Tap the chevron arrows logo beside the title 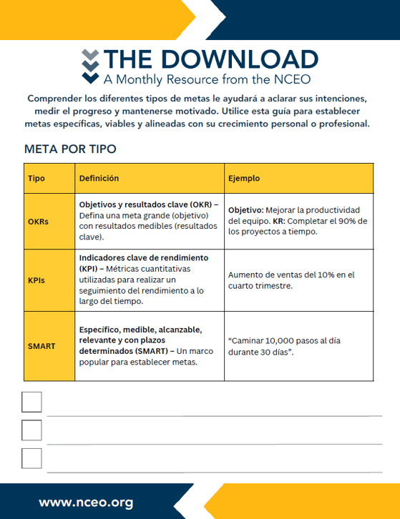[x=89, y=66]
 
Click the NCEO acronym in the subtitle [x=292, y=79]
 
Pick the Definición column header [x=99, y=179]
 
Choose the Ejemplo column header [x=243, y=179]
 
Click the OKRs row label [x=38, y=222]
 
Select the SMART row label [x=42, y=346]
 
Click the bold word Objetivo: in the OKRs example [x=245, y=210]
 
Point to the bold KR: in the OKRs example [x=279, y=222]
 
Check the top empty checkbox [x=32, y=402]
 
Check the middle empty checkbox [x=32, y=430]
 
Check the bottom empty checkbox [x=32, y=458]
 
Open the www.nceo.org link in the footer [x=86, y=502]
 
